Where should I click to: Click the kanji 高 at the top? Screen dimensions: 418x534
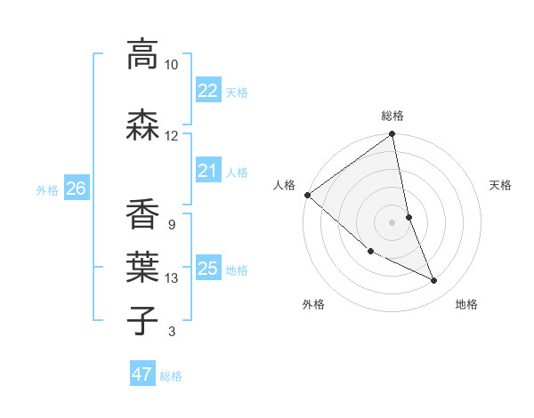tap(142, 54)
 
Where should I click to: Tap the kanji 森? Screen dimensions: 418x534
tap(142, 125)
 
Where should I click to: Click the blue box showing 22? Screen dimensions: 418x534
tap(207, 91)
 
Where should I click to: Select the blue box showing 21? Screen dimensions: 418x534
tap(207, 171)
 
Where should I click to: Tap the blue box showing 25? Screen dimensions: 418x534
tap(207, 269)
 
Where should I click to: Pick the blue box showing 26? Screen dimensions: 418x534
tap(76, 189)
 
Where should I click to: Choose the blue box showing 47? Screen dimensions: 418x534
tap(142, 374)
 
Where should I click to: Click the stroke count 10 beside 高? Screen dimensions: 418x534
tap(171, 65)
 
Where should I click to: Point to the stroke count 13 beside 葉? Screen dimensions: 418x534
tap(172, 278)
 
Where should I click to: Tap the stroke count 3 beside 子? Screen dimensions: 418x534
tap(171, 332)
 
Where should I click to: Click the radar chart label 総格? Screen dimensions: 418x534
tap(392, 116)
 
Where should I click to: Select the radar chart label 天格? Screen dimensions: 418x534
tap(500, 185)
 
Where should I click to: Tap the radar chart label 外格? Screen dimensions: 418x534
tap(313, 304)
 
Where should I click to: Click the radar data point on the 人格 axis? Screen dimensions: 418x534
tap(307, 195)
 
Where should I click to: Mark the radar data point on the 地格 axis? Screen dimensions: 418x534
tap(434, 280)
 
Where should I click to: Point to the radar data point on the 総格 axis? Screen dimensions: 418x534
tap(392, 134)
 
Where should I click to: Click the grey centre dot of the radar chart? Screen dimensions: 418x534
tap(392, 222)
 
